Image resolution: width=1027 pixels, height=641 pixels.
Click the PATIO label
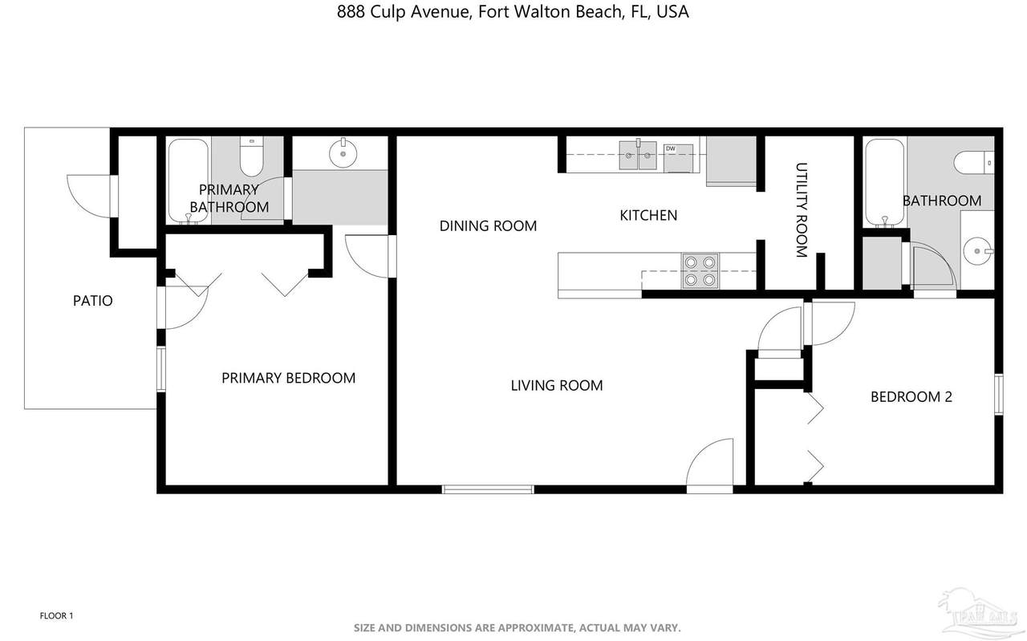click(92, 301)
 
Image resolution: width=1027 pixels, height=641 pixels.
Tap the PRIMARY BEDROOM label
click(288, 378)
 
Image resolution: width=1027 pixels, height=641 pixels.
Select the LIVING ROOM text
click(557, 385)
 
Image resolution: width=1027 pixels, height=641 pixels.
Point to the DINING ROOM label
click(488, 225)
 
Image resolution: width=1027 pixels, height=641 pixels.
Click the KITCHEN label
click(648, 215)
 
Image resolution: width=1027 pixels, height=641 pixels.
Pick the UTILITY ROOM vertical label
click(801, 210)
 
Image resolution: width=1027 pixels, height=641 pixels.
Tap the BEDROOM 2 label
click(911, 396)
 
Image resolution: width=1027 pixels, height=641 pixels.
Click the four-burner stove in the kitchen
click(700, 271)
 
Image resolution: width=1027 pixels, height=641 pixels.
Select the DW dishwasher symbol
click(678, 158)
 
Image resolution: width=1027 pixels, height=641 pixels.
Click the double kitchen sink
click(638, 155)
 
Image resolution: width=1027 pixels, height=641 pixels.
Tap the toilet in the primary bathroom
click(251, 156)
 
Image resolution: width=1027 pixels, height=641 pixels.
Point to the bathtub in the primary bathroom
click(188, 181)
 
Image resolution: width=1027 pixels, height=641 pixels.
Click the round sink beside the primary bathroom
click(343, 153)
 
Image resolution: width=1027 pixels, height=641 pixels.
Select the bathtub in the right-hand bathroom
click(884, 182)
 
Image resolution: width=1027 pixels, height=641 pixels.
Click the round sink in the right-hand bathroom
click(977, 251)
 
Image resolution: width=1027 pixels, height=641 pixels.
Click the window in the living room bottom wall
click(488, 489)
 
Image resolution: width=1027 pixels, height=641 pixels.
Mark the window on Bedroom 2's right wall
click(999, 395)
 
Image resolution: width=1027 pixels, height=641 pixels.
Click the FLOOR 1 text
click(56, 616)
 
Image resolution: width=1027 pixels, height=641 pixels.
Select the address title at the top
click(513, 12)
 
